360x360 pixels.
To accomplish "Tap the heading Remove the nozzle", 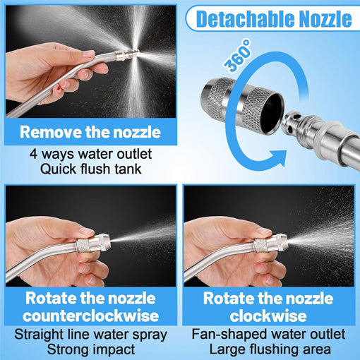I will click(x=90, y=131).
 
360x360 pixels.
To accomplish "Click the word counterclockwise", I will click(x=90, y=315).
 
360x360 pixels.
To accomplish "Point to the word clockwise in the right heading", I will click(x=270, y=315).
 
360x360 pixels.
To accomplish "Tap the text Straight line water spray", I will click(x=90, y=333).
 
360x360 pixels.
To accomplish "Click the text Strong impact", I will click(x=90, y=349).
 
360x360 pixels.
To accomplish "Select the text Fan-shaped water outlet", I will click(x=270, y=333).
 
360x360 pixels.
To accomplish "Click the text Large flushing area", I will click(x=270, y=349).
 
